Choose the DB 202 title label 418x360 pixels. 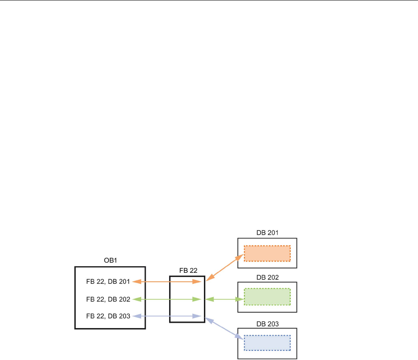(267, 277)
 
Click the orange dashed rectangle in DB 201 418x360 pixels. (267, 253)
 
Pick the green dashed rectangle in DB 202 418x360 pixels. (267, 297)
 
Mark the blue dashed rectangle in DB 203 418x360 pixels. (267, 343)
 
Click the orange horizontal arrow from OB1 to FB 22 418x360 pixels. (168, 282)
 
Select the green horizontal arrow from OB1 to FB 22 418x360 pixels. (168, 299)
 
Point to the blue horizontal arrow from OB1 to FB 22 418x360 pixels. (168, 316)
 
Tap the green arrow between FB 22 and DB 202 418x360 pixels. (224, 299)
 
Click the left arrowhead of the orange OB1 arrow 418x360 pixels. (136, 282)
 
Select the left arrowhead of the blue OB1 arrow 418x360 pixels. (136, 316)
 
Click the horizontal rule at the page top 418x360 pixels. (209, 1)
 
